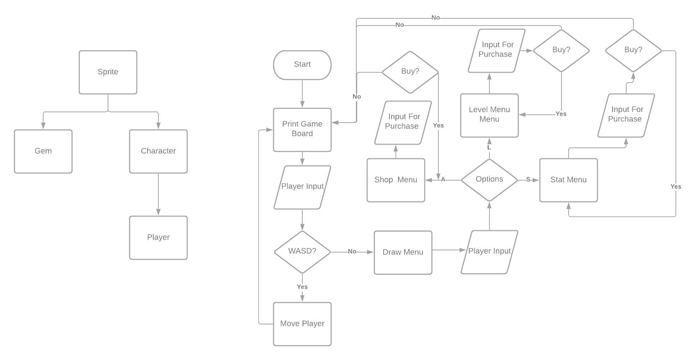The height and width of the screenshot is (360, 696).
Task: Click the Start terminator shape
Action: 302,65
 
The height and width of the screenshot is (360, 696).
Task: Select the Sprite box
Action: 108,72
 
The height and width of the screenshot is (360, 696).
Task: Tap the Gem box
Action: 43,151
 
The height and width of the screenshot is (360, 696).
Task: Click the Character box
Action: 158,151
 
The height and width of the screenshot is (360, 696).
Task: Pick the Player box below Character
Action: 158,237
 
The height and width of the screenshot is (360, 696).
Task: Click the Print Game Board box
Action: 302,129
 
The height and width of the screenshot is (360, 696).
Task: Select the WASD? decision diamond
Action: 302,251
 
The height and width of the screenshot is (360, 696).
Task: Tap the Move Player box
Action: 302,324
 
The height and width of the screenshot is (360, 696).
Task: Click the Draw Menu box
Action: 403,252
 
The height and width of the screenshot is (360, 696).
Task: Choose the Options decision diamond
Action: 489,179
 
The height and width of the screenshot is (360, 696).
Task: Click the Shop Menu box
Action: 396,180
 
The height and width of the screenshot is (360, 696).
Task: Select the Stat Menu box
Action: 568,180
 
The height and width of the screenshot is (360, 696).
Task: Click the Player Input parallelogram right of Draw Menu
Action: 489,252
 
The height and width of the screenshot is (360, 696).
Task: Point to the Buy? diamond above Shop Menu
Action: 410,72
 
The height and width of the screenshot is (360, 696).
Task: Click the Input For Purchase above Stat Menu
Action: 626,115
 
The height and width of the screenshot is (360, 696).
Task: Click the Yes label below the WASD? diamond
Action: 302,287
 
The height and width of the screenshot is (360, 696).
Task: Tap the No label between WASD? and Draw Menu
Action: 352,251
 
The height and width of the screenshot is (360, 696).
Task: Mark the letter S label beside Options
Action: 528,179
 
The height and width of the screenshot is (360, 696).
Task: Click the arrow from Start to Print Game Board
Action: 302,94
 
